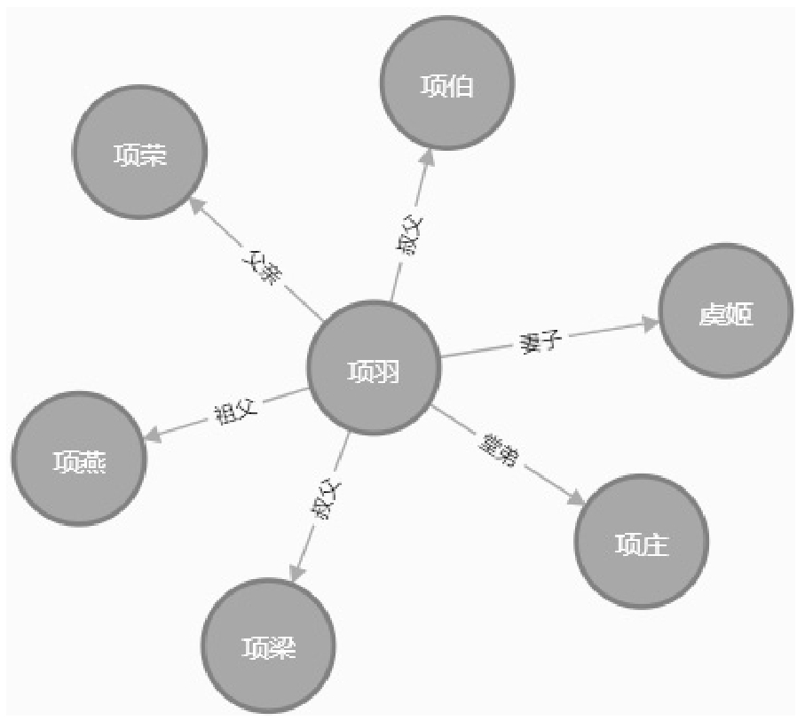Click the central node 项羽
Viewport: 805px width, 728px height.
point(374,367)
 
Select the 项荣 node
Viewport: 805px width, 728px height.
point(139,153)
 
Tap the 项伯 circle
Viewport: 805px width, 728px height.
point(446,84)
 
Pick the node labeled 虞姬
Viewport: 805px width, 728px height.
point(726,311)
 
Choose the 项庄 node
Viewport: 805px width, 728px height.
point(642,541)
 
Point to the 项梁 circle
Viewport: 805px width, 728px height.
point(269,646)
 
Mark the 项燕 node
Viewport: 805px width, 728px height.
point(79,458)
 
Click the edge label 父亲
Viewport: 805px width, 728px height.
point(260,266)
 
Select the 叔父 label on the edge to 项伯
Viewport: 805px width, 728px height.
point(409,234)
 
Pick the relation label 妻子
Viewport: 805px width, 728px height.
point(542,341)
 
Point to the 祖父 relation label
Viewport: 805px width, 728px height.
point(235,411)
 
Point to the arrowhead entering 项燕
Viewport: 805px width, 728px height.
point(153,435)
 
